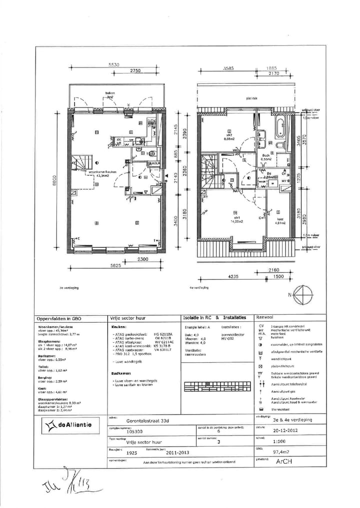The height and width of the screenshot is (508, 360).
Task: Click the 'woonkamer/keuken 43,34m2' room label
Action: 102,173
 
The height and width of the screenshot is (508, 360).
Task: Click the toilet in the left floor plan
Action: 152,154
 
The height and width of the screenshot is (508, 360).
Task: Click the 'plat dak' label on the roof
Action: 251,99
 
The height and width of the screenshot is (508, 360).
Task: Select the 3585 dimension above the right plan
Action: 229,68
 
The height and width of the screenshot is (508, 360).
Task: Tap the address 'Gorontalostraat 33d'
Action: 147,421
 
